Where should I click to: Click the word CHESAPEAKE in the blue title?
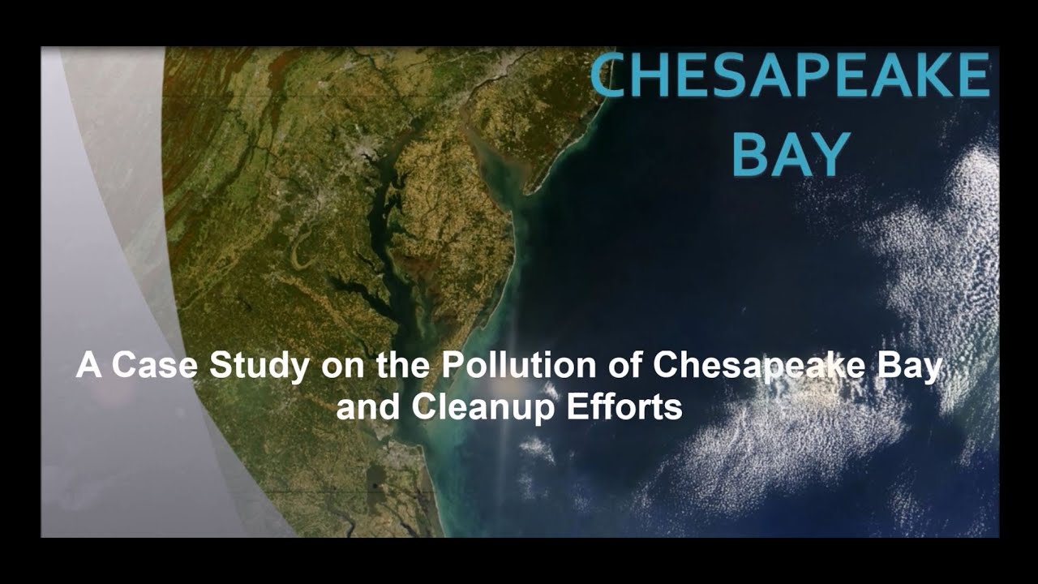tap(789, 75)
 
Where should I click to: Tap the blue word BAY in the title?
tap(791, 154)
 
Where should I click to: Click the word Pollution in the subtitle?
tap(518, 365)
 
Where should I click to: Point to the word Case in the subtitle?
tap(155, 365)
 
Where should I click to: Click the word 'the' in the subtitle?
tap(403, 365)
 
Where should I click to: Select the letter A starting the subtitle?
tap(88, 365)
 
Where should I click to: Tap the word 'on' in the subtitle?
tap(343, 369)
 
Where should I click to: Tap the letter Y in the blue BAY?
tap(830, 154)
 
